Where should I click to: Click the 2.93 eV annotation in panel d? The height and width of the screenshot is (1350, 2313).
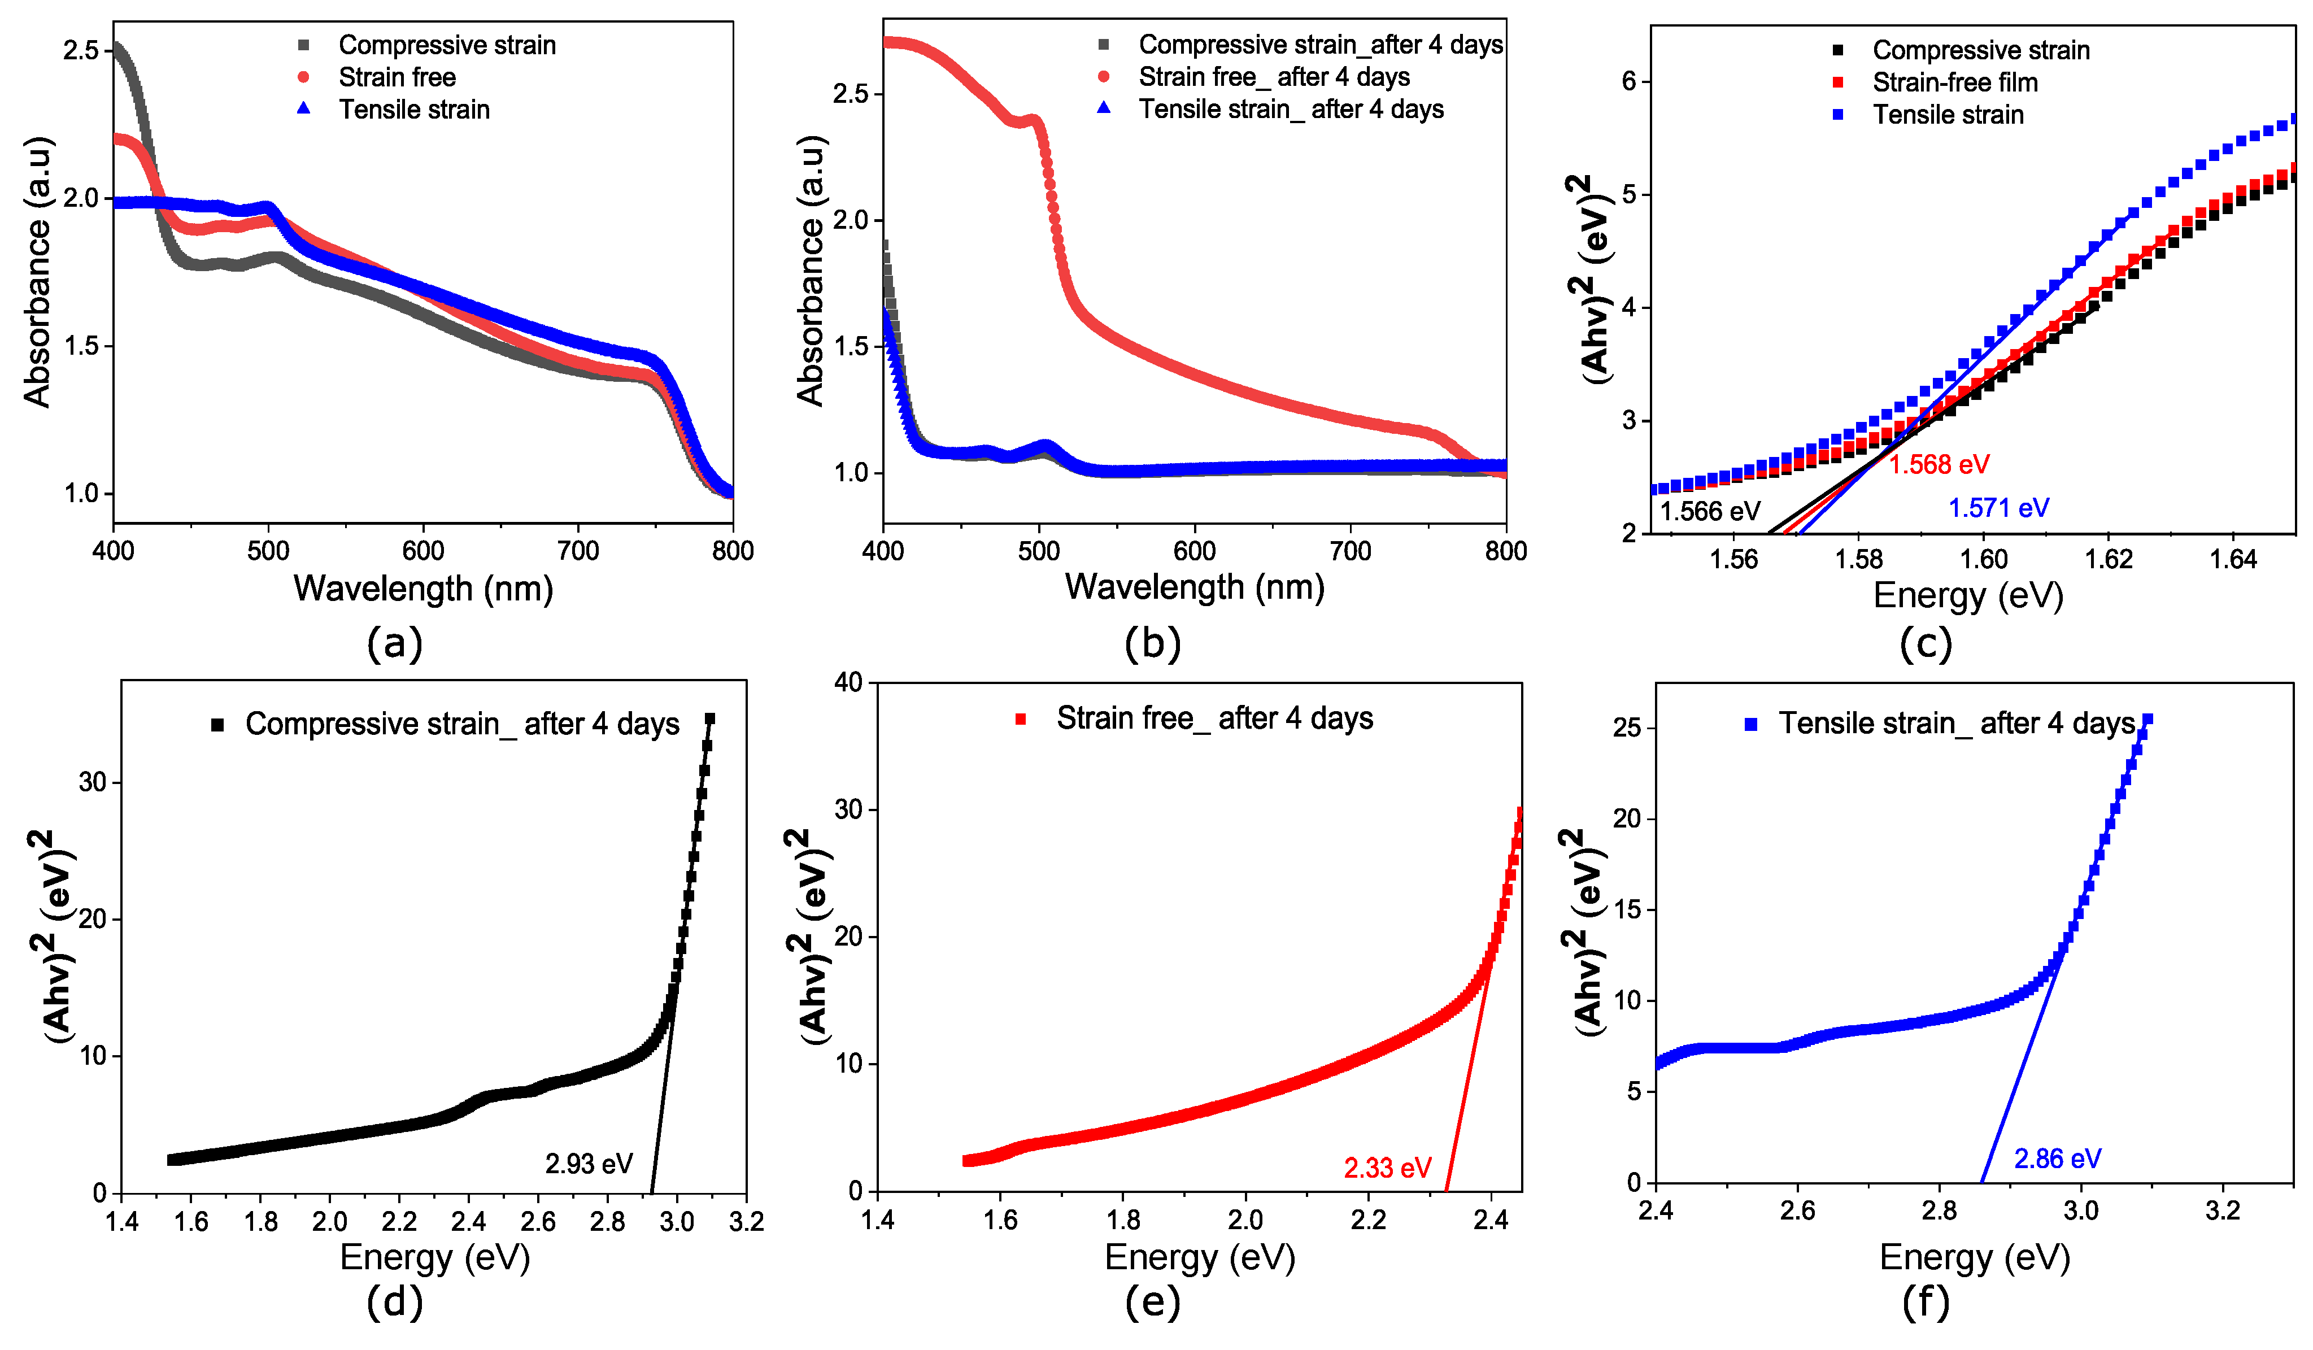coord(589,1164)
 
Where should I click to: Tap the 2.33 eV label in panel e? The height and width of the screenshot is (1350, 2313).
coord(1387,1168)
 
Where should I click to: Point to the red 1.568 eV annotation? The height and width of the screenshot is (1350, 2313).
coord(1939,464)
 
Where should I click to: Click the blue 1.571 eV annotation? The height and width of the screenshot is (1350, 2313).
coord(1998,507)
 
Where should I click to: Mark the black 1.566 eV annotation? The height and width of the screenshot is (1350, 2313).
coord(1710,511)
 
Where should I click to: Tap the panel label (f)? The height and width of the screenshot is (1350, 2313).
coord(1925,1301)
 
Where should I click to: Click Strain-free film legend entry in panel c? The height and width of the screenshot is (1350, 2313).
coord(1955,82)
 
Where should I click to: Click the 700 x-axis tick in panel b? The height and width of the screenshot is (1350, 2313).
coord(1350,551)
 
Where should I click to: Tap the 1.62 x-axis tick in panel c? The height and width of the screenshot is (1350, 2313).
coord(2109,559)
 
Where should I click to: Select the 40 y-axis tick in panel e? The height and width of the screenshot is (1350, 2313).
coord(849,682)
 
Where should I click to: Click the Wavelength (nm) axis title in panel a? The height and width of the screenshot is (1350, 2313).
coord(423,588)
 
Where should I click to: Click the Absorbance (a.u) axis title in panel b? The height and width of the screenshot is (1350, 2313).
coord(811,271)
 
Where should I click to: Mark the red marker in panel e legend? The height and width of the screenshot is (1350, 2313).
coord(1020,718)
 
